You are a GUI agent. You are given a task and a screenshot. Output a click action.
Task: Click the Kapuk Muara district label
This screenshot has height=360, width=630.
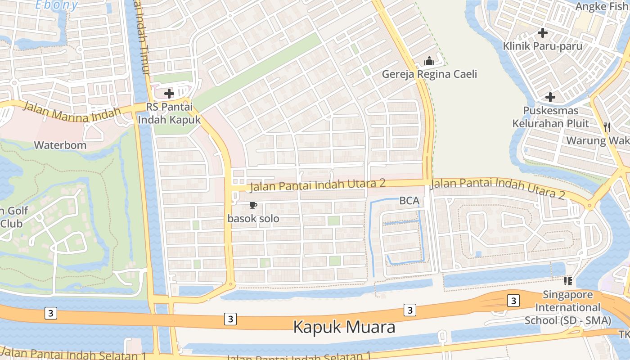[x=344, y=327]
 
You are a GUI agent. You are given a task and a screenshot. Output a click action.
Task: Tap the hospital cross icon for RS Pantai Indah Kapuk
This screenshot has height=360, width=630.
[x=169, y=94]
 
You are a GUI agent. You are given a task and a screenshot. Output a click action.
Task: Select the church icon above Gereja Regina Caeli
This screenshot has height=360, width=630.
[x=429, y=60]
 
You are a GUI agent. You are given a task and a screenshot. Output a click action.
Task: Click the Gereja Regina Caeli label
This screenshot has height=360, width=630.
[x=429, y=74]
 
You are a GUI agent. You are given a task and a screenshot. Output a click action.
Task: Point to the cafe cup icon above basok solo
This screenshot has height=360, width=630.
[x=253, y=206]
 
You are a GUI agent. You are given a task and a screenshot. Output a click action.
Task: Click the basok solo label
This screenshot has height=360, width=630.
[x=253, y=219]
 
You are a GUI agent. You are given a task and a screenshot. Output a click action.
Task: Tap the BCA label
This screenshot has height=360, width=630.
[x=409, y=201]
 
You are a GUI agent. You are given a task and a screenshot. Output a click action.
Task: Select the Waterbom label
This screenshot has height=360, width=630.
[x=60, y=145]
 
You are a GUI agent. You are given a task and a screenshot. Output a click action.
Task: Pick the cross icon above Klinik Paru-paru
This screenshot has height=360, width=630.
[x=543, y=32]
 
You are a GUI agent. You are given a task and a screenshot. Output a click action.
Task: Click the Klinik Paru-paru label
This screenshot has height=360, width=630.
[x=543, y=46]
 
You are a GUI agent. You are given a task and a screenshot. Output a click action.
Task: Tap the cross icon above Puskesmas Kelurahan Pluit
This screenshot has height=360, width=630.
[x=550, y=97]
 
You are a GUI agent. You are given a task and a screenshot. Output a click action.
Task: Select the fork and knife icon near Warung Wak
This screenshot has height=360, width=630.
[x=607, y=127]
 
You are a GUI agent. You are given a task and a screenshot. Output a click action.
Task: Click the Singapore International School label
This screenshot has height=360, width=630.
[x=568, y=308]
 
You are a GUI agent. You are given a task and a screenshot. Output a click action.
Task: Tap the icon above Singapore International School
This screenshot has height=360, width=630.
[x=568, y=281]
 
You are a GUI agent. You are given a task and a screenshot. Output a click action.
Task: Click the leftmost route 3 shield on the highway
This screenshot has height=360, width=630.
[x=51, y=313]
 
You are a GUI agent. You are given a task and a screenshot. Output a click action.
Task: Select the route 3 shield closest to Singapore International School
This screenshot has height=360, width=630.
[x=513, y=301]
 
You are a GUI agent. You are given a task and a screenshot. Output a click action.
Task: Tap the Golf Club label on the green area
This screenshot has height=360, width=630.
[x=13, y=216]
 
